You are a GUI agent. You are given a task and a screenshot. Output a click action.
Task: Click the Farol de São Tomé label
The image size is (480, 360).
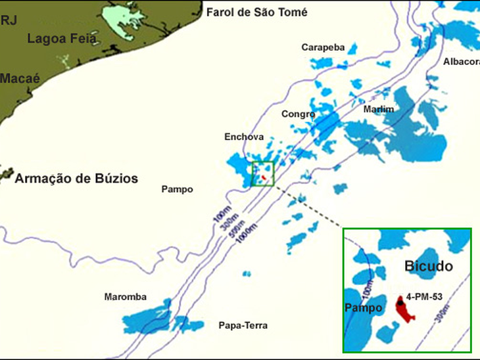(256, 12)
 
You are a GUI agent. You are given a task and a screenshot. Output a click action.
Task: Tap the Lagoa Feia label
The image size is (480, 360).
(61, 38)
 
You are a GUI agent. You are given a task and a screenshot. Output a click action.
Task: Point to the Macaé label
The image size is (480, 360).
(20, 78)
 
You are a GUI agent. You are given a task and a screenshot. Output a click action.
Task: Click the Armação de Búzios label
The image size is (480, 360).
(76, 178)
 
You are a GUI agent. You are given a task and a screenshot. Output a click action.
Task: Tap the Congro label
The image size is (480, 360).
(299, 114)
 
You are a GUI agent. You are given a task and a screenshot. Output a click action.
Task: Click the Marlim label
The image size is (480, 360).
(379, 109)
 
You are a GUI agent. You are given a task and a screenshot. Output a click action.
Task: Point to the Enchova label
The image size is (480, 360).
(244, 137)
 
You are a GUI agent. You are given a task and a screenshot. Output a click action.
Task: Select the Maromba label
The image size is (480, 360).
(125, 297)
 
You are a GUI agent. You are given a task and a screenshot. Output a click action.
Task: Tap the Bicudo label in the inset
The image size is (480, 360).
(428, 267)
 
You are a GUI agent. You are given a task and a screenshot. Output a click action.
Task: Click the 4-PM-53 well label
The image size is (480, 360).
(424, 296)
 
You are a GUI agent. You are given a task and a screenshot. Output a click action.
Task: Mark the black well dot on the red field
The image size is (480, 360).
(400, 304)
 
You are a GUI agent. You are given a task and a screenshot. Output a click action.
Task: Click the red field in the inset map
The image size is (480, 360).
(405, 311)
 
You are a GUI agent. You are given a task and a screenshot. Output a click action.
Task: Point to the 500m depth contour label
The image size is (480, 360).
(237, 227)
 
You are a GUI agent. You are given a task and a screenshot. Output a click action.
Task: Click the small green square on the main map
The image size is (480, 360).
(262, 174)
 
